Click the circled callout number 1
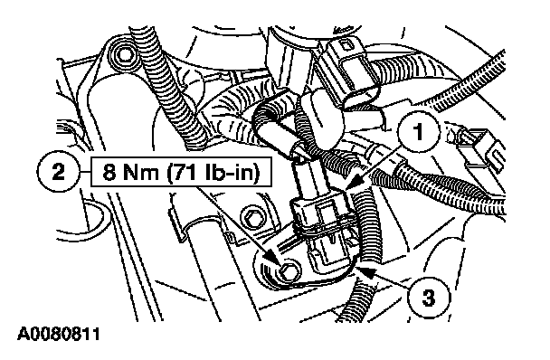[x=418, y=132]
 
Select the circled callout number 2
[x=58, y=173]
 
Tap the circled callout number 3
[x=429, y=298]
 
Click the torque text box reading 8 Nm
[x=181, y=172]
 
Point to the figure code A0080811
[x=59, y=334]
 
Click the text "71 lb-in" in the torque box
[x=213, y=172]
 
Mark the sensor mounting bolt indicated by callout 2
[x=289, y=271]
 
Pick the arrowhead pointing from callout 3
[x=364, y=270]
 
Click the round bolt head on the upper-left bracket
[x=124, y=54]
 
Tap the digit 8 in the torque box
[x=109, y=172]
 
